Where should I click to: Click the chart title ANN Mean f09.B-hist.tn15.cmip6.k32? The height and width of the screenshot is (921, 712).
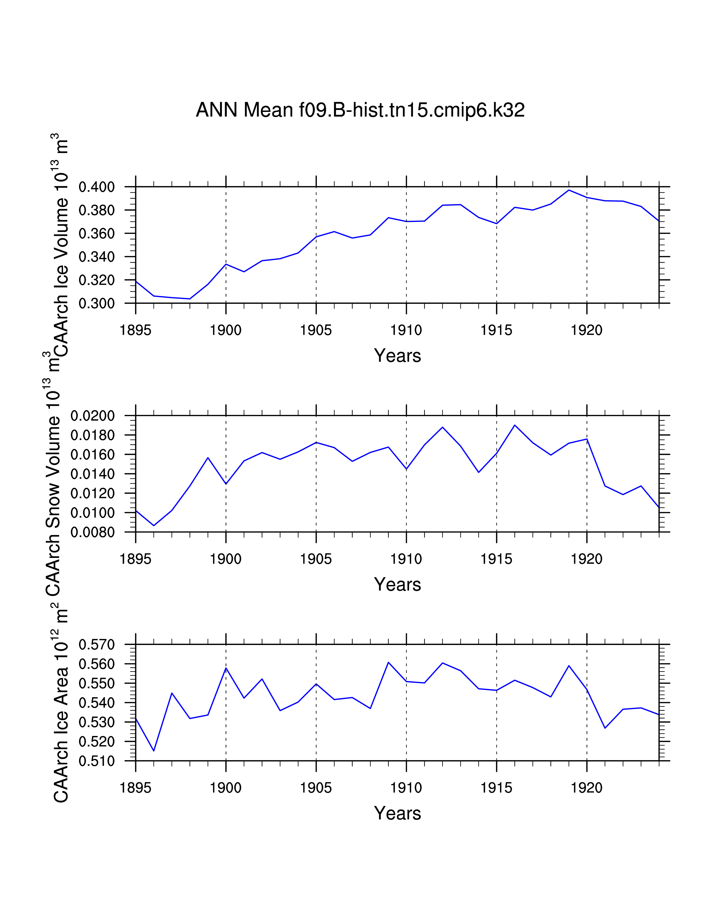360,110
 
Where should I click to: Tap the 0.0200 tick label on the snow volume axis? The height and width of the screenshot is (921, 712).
92,416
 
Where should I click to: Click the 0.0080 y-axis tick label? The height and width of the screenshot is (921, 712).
92,532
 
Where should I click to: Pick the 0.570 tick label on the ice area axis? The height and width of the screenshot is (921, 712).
97,644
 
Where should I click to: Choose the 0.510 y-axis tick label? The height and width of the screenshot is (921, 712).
97,761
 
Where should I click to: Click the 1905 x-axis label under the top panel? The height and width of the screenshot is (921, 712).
316,330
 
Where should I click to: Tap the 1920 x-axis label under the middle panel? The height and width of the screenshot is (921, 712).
586,559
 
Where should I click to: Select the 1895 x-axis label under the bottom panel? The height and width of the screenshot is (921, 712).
135,788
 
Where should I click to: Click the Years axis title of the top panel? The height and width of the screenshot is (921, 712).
397,356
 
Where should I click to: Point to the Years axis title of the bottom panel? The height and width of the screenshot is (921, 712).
397,813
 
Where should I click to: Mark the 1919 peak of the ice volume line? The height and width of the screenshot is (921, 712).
568,190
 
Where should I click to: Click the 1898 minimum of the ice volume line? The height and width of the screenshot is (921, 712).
190,299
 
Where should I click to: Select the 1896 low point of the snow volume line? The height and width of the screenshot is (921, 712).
154,526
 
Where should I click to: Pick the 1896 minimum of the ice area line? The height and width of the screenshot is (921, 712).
154,751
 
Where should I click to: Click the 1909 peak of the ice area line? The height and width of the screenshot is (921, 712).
388,662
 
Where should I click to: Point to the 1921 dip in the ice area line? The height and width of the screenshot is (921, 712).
605,728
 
